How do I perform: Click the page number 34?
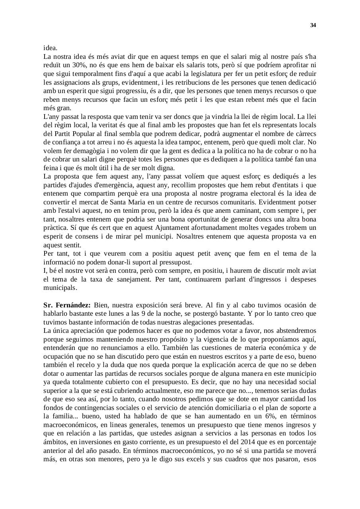click(313, 25)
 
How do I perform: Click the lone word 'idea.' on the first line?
click(51, 48)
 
